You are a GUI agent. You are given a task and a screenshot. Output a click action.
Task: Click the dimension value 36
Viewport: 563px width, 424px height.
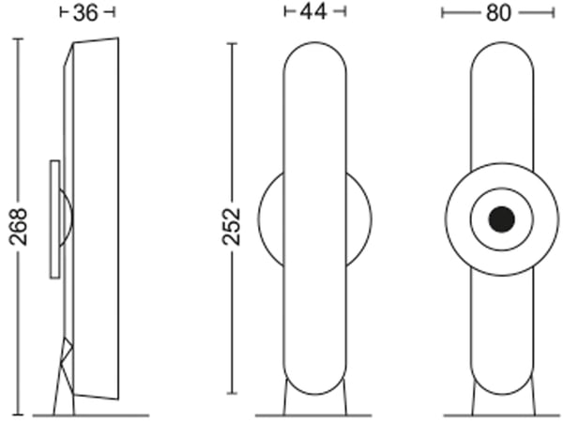[85, 13]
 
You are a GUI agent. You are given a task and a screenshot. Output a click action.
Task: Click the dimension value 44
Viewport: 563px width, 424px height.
[313, 12]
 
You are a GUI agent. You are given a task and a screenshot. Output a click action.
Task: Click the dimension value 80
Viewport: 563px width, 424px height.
[498, 13]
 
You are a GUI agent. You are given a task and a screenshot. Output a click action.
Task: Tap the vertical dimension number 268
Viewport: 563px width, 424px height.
[19, 227]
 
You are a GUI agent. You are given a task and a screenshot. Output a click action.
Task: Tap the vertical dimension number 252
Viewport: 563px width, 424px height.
[232, 227]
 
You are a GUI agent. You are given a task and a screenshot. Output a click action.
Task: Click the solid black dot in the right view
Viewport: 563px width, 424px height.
[502, 219]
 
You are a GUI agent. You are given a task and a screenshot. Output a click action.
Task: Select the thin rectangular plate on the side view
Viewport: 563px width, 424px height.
[55, 219]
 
